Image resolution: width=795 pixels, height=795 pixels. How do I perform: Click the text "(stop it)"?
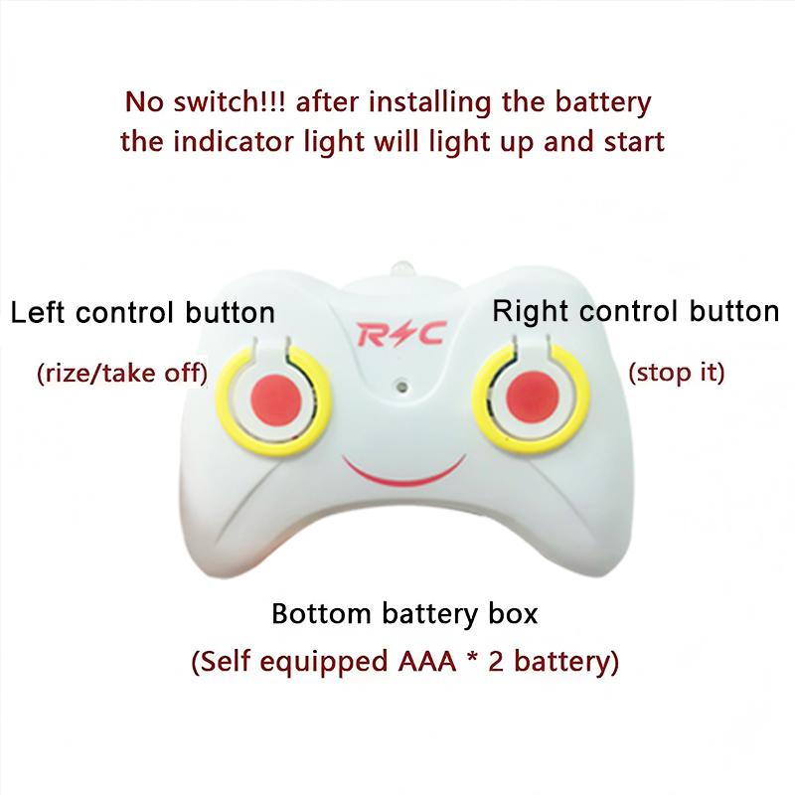tap(678, 374)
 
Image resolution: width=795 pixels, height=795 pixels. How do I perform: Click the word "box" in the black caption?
tap(515, 613)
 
